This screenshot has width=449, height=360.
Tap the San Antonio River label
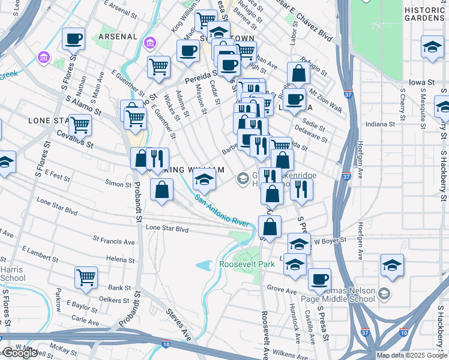221,212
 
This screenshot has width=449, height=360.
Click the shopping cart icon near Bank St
86,277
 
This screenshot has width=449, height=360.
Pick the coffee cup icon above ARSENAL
74,38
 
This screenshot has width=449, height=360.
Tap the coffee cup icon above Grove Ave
320,278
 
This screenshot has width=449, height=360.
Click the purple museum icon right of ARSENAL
149,43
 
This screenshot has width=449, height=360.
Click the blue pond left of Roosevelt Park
205,265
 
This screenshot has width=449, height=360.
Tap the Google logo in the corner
19,353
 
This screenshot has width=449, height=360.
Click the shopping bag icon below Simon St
162,190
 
